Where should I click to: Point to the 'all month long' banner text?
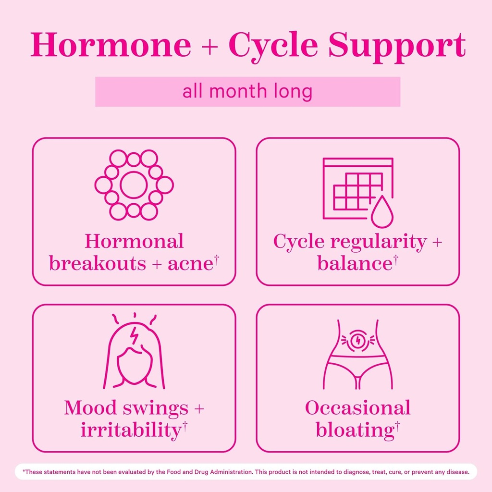[247, 91]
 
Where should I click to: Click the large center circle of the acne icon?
[134, 185]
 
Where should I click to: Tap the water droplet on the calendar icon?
[382, 212]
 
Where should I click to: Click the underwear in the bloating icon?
[357, 368]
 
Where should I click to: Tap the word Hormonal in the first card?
[134, 241]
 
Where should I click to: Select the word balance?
[355, 263]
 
